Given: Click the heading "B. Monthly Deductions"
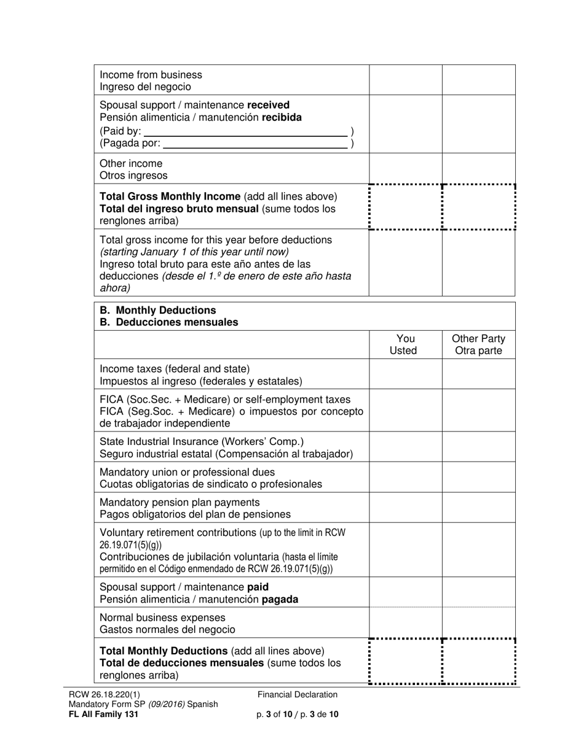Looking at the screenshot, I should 158,310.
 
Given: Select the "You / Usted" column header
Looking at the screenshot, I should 405,345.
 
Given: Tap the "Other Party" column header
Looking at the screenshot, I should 478,345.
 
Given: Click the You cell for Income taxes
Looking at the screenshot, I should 405,374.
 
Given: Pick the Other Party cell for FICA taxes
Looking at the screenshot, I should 478,411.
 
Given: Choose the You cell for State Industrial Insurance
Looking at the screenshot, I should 405,447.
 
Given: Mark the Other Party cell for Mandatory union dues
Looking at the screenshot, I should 478,478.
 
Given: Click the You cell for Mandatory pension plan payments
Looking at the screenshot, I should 405,508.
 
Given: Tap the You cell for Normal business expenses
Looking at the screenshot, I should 405,623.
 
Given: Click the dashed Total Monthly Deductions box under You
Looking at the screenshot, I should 405,661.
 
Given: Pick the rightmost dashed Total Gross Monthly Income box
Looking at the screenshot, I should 478,207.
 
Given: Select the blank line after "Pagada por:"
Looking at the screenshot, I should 255,143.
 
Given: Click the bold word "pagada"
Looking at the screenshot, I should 280,599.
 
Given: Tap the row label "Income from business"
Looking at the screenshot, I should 151,75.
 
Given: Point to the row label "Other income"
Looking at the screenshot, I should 131,163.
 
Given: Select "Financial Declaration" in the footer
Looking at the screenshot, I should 298,694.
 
